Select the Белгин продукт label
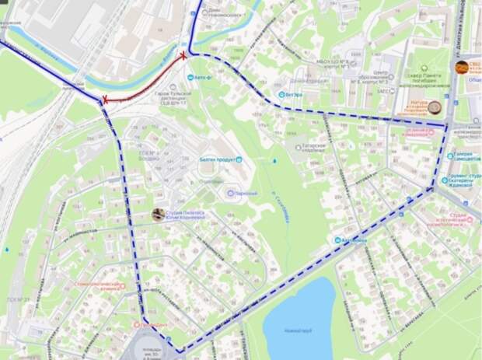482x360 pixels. point(213,159)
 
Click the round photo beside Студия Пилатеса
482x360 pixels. point(158,214)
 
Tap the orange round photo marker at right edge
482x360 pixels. point(462,68)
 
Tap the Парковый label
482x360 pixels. point(242,192)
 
